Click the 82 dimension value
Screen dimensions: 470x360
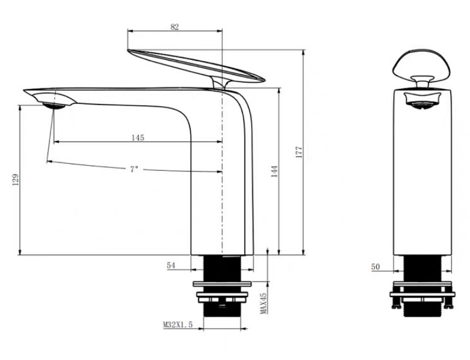point(174,26)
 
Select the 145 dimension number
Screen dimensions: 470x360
point(137,137)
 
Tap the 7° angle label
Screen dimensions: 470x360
point(134,169)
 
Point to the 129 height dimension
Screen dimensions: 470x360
point(15,180)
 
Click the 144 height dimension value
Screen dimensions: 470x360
point(274,171)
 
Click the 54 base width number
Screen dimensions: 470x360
point(171,265)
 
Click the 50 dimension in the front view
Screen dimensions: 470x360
point(376,267)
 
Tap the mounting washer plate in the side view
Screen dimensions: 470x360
point(222,288)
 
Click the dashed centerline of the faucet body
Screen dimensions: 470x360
point(222,176)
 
